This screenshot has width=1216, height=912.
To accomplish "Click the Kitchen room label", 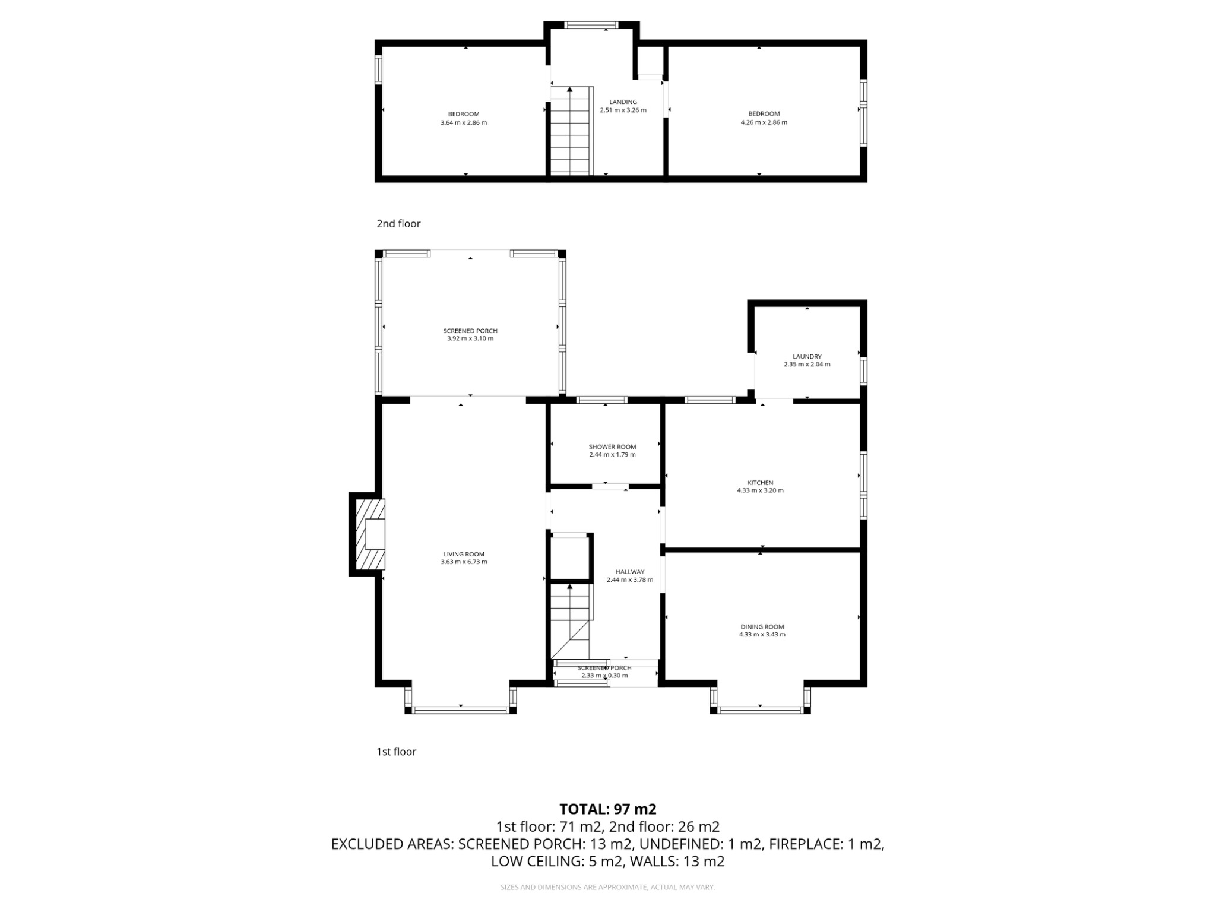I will [x=760, y=483].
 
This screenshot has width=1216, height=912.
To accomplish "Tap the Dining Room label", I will [x=762, y=626].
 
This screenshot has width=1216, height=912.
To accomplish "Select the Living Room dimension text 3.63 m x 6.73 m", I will [x=464, y=562].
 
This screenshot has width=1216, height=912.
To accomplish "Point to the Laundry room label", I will [x=807, y=357].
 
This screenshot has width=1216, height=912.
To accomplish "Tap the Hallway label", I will [x=629, y=572].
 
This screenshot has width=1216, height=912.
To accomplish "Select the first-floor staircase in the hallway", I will [x=571, y=620].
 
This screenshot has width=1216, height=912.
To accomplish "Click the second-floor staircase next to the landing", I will [x=571, y=131].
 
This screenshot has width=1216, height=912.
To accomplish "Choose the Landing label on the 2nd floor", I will [x=623, y=102].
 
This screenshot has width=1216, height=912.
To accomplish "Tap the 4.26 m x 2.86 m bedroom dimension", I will [x=764, y=122].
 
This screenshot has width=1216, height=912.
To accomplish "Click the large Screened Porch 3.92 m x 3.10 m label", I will [x=470, y=334].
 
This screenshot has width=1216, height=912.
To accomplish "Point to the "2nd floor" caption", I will [x=398, y=224].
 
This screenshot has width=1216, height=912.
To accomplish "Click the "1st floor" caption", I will [x=396, y=752].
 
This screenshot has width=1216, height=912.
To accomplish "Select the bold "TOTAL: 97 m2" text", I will [x=607, y=809].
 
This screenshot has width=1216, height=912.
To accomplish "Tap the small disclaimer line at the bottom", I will [x=607, y=887].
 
